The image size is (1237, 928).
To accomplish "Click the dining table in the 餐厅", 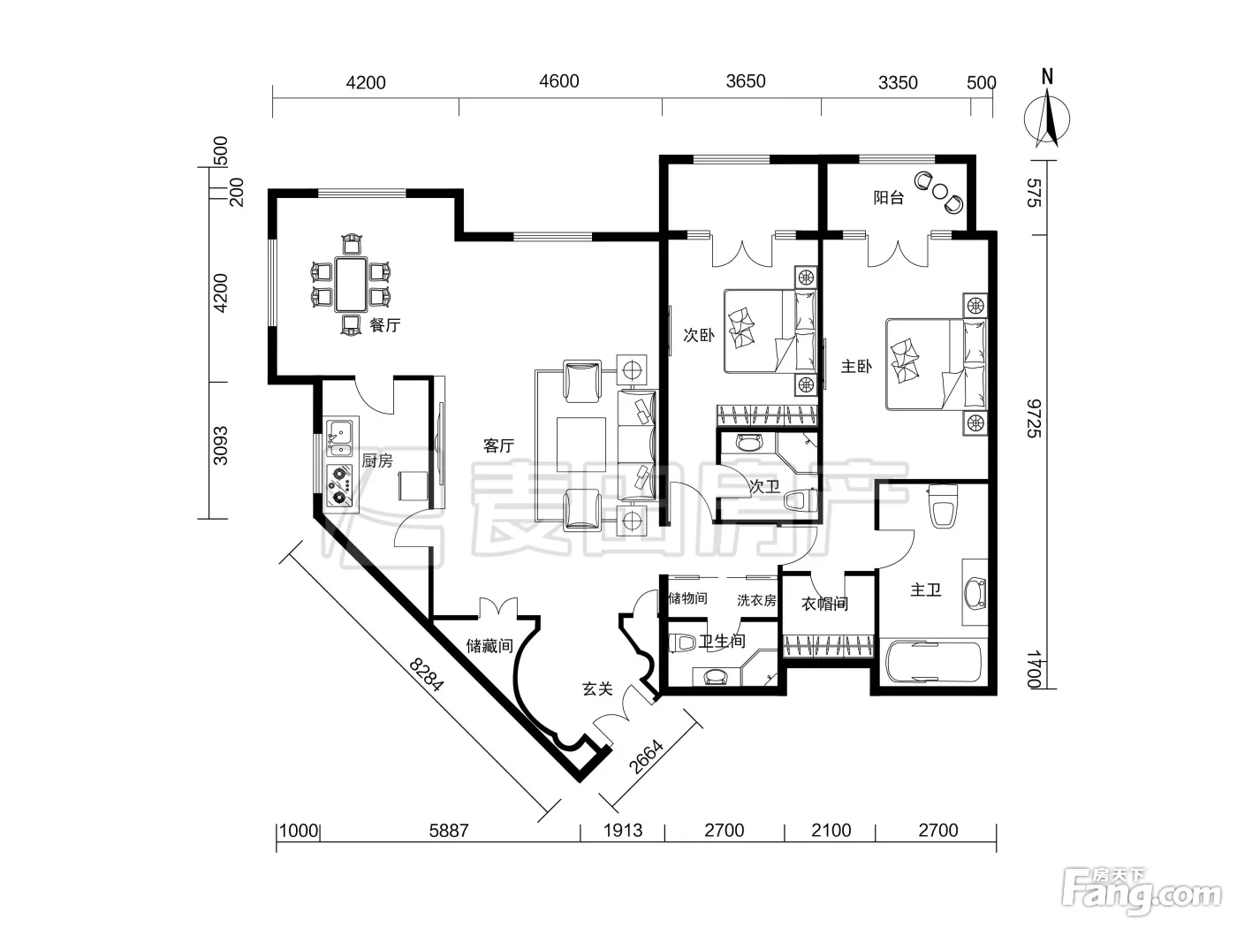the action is coord(351,285).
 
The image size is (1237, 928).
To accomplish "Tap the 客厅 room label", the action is coord(498,446).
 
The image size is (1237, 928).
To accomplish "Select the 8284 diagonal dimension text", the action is coord(427,674).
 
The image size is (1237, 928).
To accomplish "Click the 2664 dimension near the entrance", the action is coord(646,757).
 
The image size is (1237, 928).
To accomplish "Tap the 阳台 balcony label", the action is coord(889,198).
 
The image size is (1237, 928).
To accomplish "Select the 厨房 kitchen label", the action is coord(377,460).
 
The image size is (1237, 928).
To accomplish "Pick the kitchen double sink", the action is coord(340,437).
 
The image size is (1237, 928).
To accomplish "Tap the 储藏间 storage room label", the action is coord(489,646).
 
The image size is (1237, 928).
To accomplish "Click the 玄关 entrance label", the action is coord(597,689).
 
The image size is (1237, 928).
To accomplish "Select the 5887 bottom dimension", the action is coord(449,831).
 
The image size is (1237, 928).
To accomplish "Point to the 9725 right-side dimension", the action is coord(1034,419).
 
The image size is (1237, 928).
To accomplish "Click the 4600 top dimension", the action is coord(559,81).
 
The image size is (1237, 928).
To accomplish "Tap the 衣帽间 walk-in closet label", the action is coord(825,605).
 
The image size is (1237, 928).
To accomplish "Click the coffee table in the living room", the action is coord(581,445).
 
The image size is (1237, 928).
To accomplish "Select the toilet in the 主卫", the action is coord(944,506).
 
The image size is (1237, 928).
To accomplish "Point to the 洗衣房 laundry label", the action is coord(756,601).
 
